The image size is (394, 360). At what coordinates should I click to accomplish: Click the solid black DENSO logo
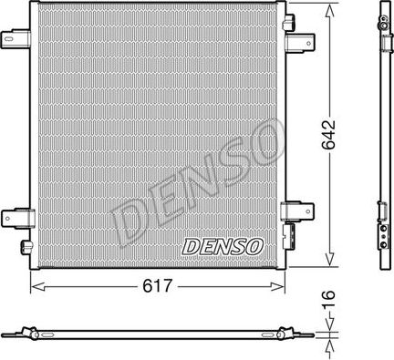click(223, 245)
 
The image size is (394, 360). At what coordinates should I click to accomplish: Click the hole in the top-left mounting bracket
click(13, 40)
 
